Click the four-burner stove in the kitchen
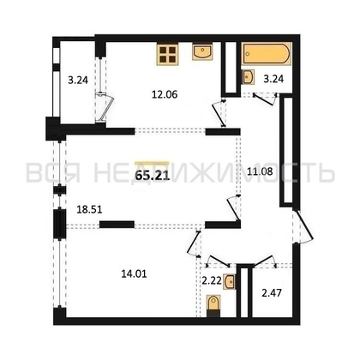[x=168, y=54]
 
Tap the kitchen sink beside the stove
[x=204, y=53]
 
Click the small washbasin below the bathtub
[x=248, y=76]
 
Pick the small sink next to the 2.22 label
[x=227, y=279]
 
